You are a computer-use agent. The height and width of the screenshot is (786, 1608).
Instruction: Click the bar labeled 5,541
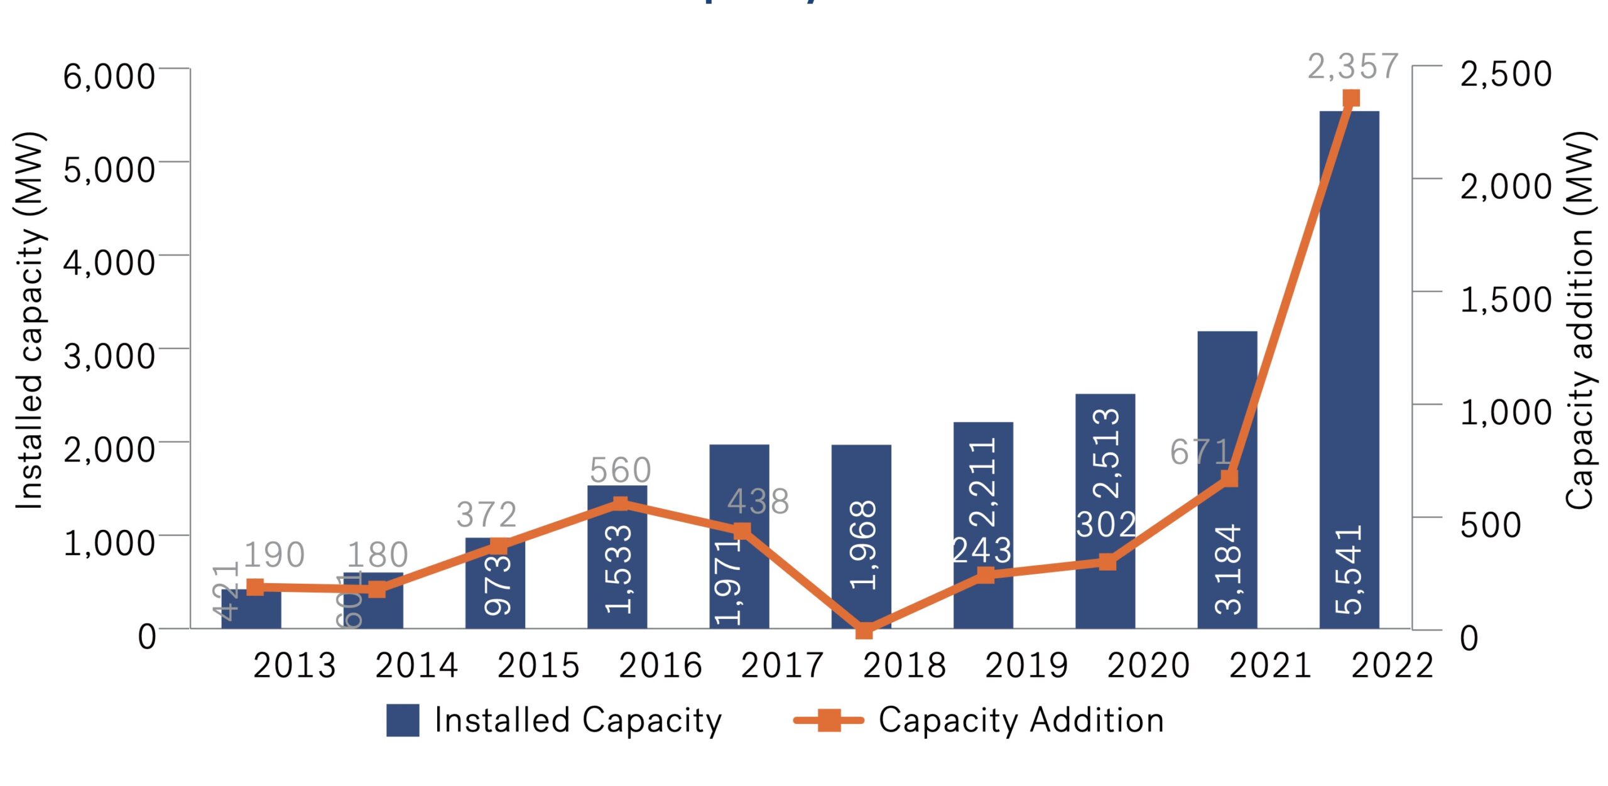click(x=1349, y=370)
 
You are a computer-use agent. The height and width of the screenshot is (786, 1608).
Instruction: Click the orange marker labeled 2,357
click(x=1351, y=99)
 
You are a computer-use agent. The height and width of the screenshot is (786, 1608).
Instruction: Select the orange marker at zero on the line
click(x=864, y=630)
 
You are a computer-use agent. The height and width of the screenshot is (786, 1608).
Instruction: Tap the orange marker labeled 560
click(x=620, y=504)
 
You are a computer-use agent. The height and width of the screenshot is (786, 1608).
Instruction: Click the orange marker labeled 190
click(x=255, y=587)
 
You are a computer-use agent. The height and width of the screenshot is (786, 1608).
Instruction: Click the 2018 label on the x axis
click(x=904, y=666)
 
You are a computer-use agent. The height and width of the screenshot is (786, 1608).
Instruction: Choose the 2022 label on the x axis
click(x=1392, y=666)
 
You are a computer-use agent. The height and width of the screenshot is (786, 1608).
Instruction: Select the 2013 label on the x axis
click(x=294, y=666)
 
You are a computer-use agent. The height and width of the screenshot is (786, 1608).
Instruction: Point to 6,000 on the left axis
click(x=109, y=77)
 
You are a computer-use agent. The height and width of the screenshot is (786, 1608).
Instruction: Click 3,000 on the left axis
click(x=109, y=357)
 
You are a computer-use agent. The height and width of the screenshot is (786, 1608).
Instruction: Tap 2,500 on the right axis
click(x=1506, y=74)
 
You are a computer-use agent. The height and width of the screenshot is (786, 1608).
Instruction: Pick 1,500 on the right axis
click(x=1506, y=300)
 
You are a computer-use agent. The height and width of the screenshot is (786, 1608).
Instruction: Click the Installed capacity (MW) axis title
click(x=29, y=320)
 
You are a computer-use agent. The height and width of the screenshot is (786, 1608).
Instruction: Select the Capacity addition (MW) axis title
click(x=1579, y=320)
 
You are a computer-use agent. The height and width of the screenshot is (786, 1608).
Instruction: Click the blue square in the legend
click(x=403, y=720)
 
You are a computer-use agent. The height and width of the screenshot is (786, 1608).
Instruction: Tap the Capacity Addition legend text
click(x=1021, y=720)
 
